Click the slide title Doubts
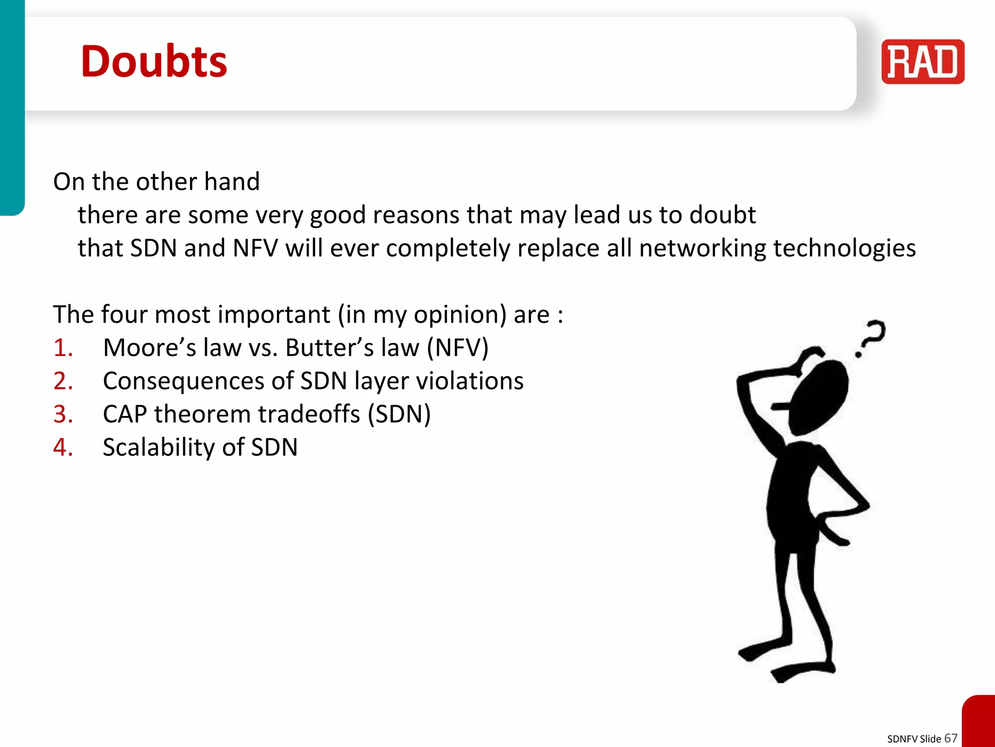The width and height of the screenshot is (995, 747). (x=154, y=61)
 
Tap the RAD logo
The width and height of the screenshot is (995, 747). (x=923, y=62)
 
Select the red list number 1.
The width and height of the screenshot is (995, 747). (x=63, y=348)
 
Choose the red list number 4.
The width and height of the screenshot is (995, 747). (x=63, y=447)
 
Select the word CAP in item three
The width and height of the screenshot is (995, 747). (x=125, y=414)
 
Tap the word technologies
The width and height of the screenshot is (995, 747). (x=844, y=249)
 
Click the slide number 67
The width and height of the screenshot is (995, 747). (x=951, y=738)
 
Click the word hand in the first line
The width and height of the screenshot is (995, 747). (x=232, y=182)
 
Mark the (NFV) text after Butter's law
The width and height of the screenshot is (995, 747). (x=457, y=348)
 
